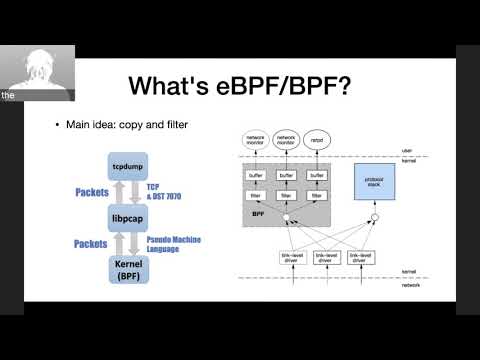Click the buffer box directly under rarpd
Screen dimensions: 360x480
[x=318, y=175]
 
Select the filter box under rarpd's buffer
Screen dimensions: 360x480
[x=318, y=194]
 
